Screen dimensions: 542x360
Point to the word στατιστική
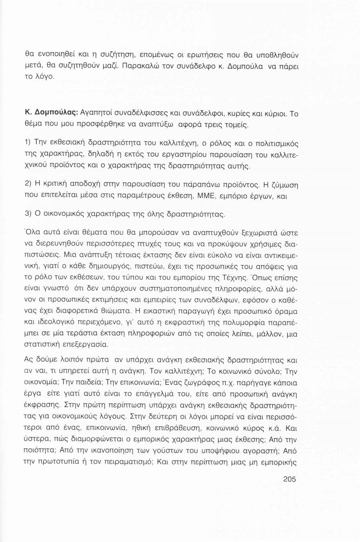click(42, 343)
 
